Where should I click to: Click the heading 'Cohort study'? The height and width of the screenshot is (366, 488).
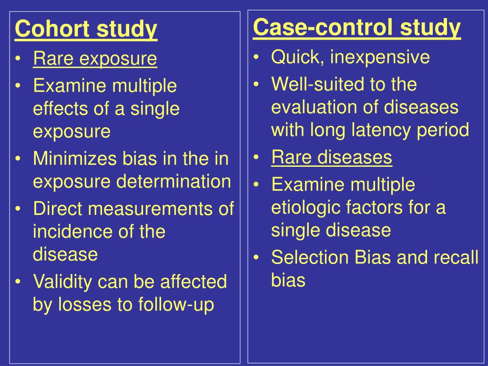pos(86,30)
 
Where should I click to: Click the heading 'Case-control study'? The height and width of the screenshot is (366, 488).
pos(357,28)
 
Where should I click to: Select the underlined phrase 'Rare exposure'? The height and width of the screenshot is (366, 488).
pos(95,59)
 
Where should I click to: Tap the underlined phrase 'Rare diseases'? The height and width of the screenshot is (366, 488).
pos(332,157)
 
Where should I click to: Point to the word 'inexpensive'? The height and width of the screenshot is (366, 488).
pos(380,58)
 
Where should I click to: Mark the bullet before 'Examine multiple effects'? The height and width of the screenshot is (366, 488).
pos(18,86)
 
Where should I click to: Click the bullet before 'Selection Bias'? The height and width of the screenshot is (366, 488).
pos(256,258)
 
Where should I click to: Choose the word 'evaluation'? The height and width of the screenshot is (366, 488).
pos(315,107)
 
